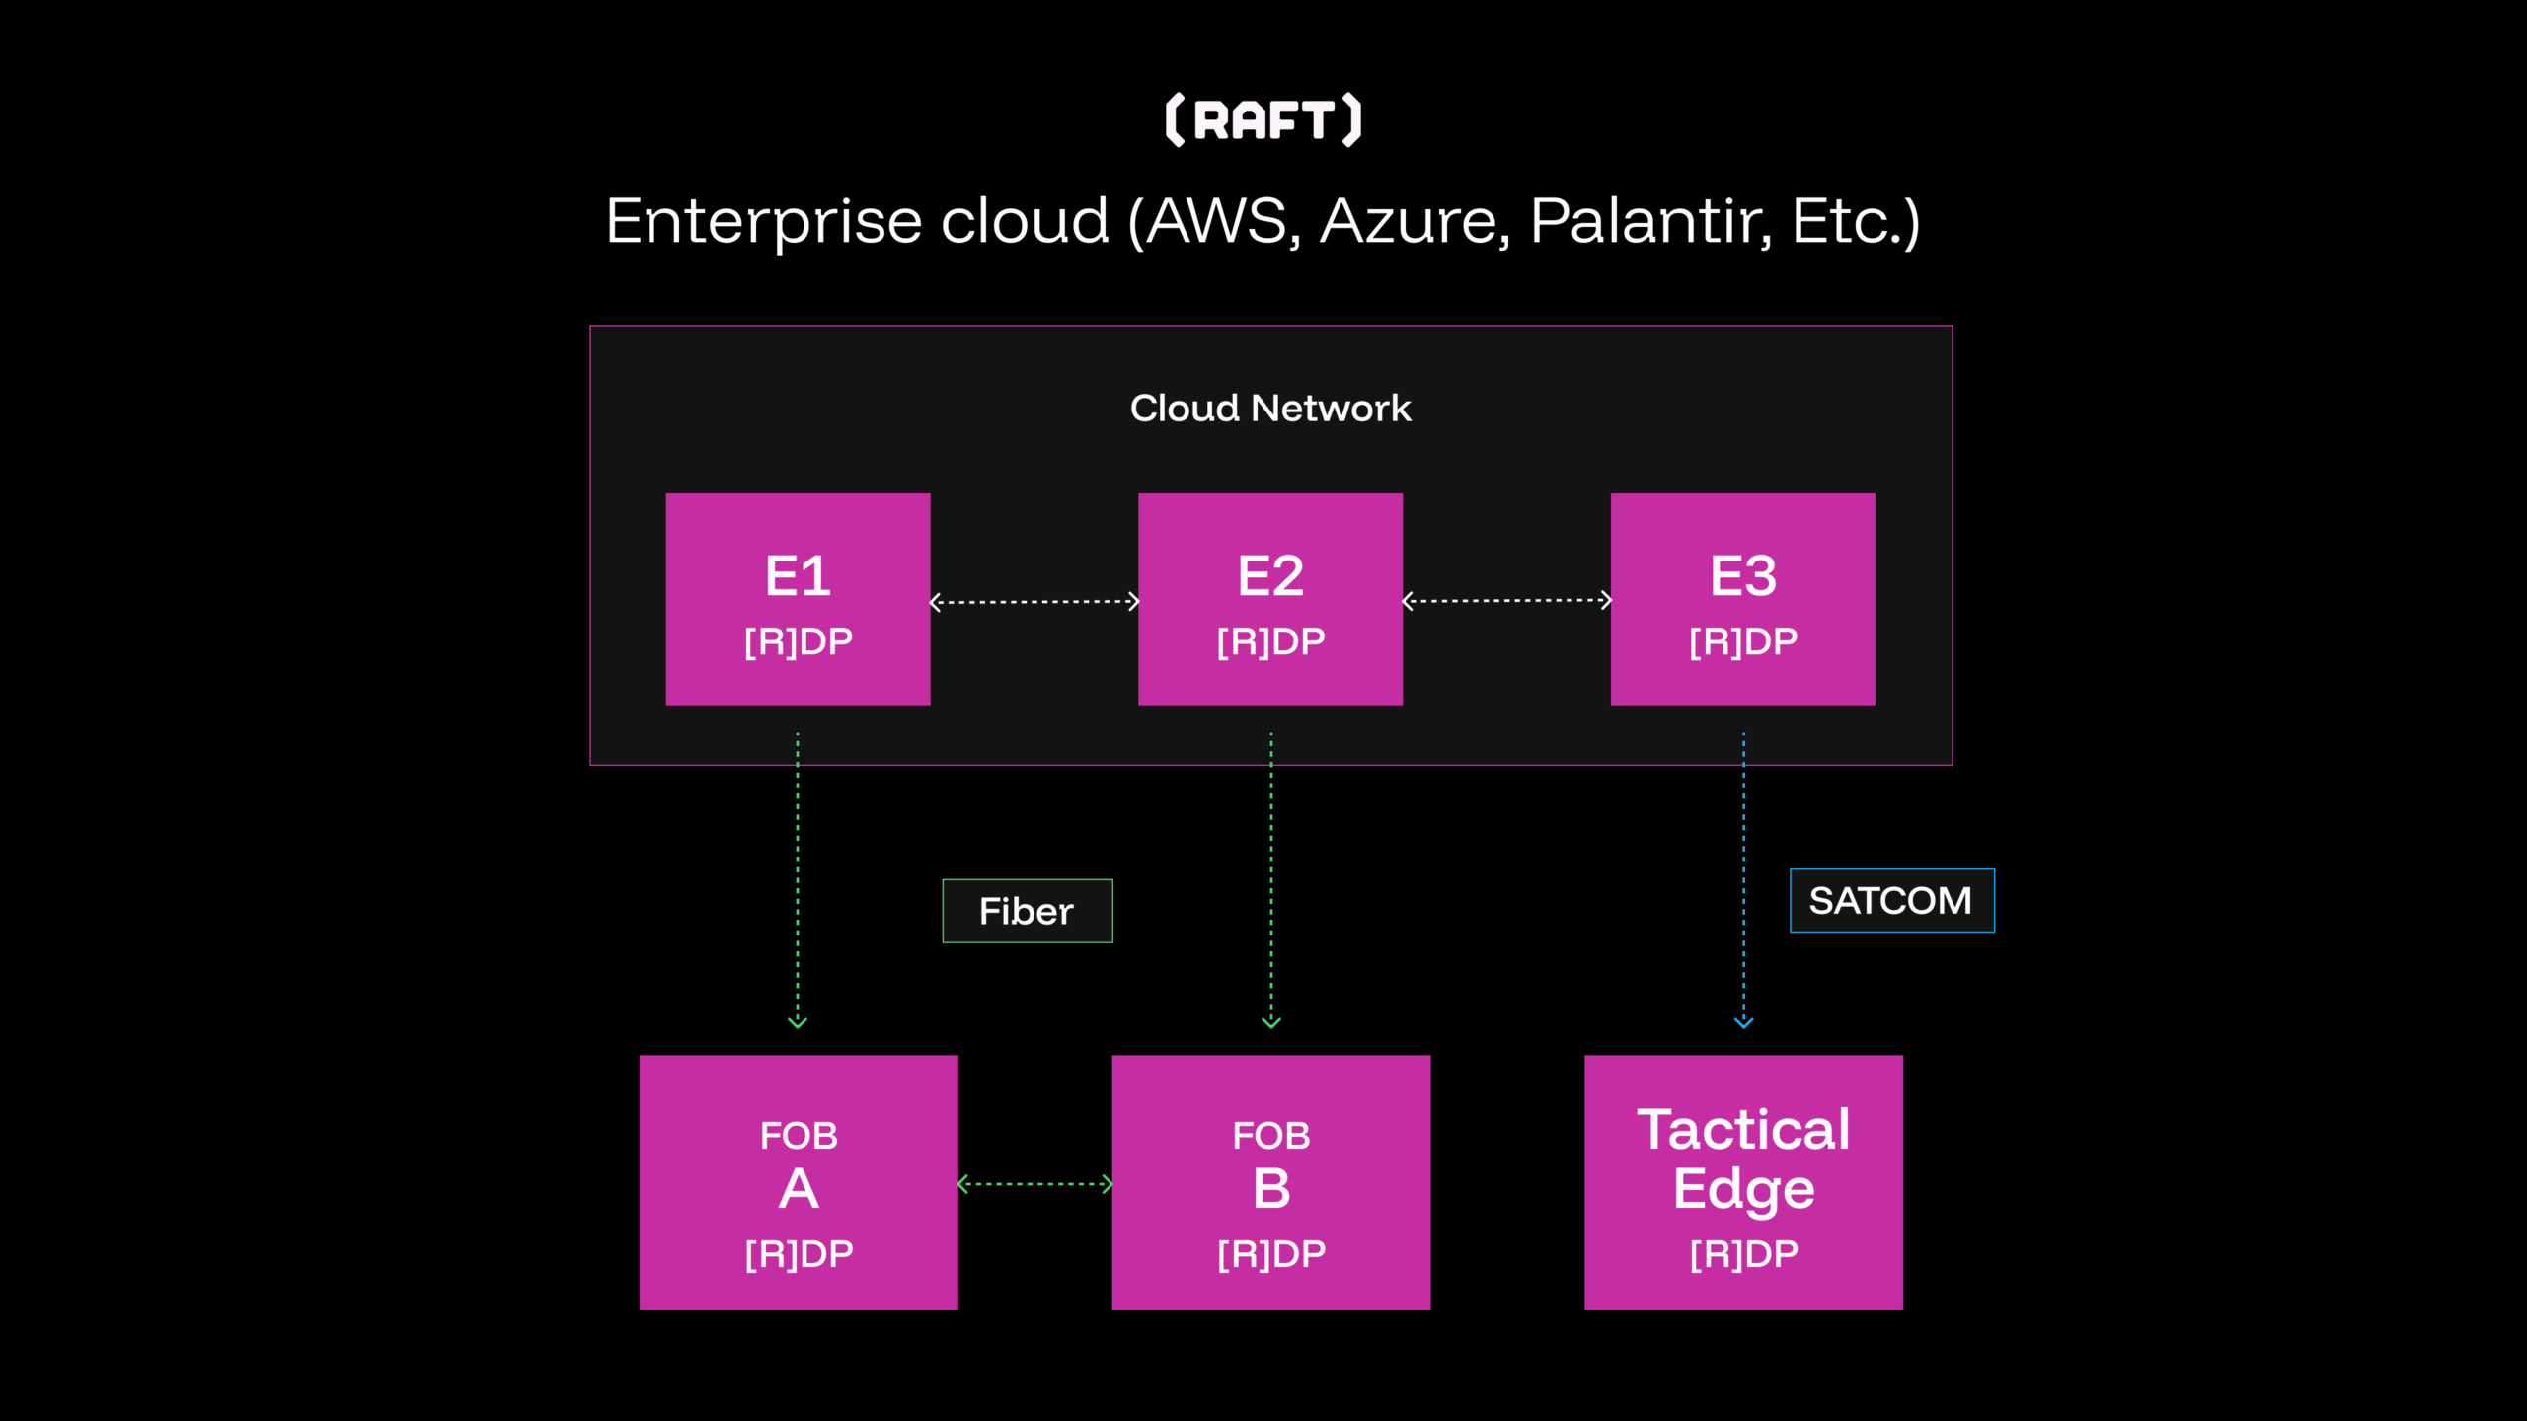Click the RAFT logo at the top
[x=1263, y=120]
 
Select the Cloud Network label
[x=1270, y=408]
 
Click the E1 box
[x=798, y=599]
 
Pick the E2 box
[x=1270, y=599]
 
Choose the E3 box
[x=1742, y=599]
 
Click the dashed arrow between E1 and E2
[x=1034, y=601]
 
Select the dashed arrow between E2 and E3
[x=1506, y=600]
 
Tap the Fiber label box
[x=1028, y=911]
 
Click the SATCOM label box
[x=1892, y=900]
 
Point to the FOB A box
[x=799, y=1182]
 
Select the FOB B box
[x=1270, y=1182]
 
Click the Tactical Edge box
[x=1743, y=1182]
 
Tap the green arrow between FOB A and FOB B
[x=1035, y=1184]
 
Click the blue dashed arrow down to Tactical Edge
[x=1743, y=880]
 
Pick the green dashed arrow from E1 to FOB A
[x=798, y=880]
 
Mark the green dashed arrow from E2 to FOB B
[x=1271, y=880]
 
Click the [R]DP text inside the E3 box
[x=1743, y=641]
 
